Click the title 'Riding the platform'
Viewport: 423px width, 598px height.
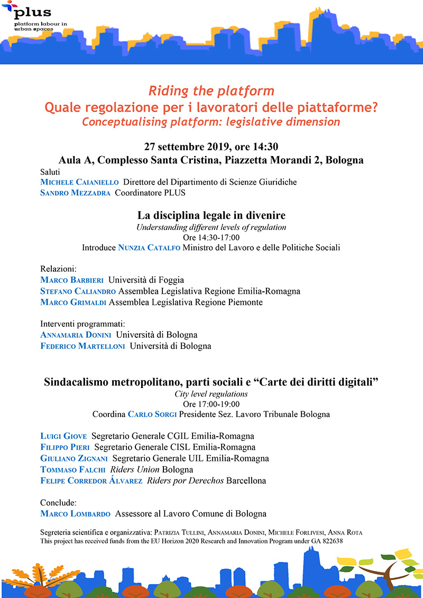coord(211,90)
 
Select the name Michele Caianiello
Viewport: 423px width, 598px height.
coord(80,182)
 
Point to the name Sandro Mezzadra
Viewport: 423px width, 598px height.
coord(75,193)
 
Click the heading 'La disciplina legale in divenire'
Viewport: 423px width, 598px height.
coord(212,216)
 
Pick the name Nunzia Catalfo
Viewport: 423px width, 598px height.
coord(149,247)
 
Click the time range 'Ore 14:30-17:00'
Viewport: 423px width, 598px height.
coord(212,237)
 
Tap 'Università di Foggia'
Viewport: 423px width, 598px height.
coord(150,280)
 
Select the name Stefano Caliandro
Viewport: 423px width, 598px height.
coord(78,291)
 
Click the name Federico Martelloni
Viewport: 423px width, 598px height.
coord(83,346)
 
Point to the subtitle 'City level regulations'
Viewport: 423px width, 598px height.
coord(211,394)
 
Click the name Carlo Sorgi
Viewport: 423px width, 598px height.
coord(152,415)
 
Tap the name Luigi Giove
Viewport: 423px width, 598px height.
coord(63,437)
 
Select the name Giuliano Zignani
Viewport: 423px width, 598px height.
coord(74,458)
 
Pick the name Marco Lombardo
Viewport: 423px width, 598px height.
coord(75,513)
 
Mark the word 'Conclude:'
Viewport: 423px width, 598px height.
coord(59,502)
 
